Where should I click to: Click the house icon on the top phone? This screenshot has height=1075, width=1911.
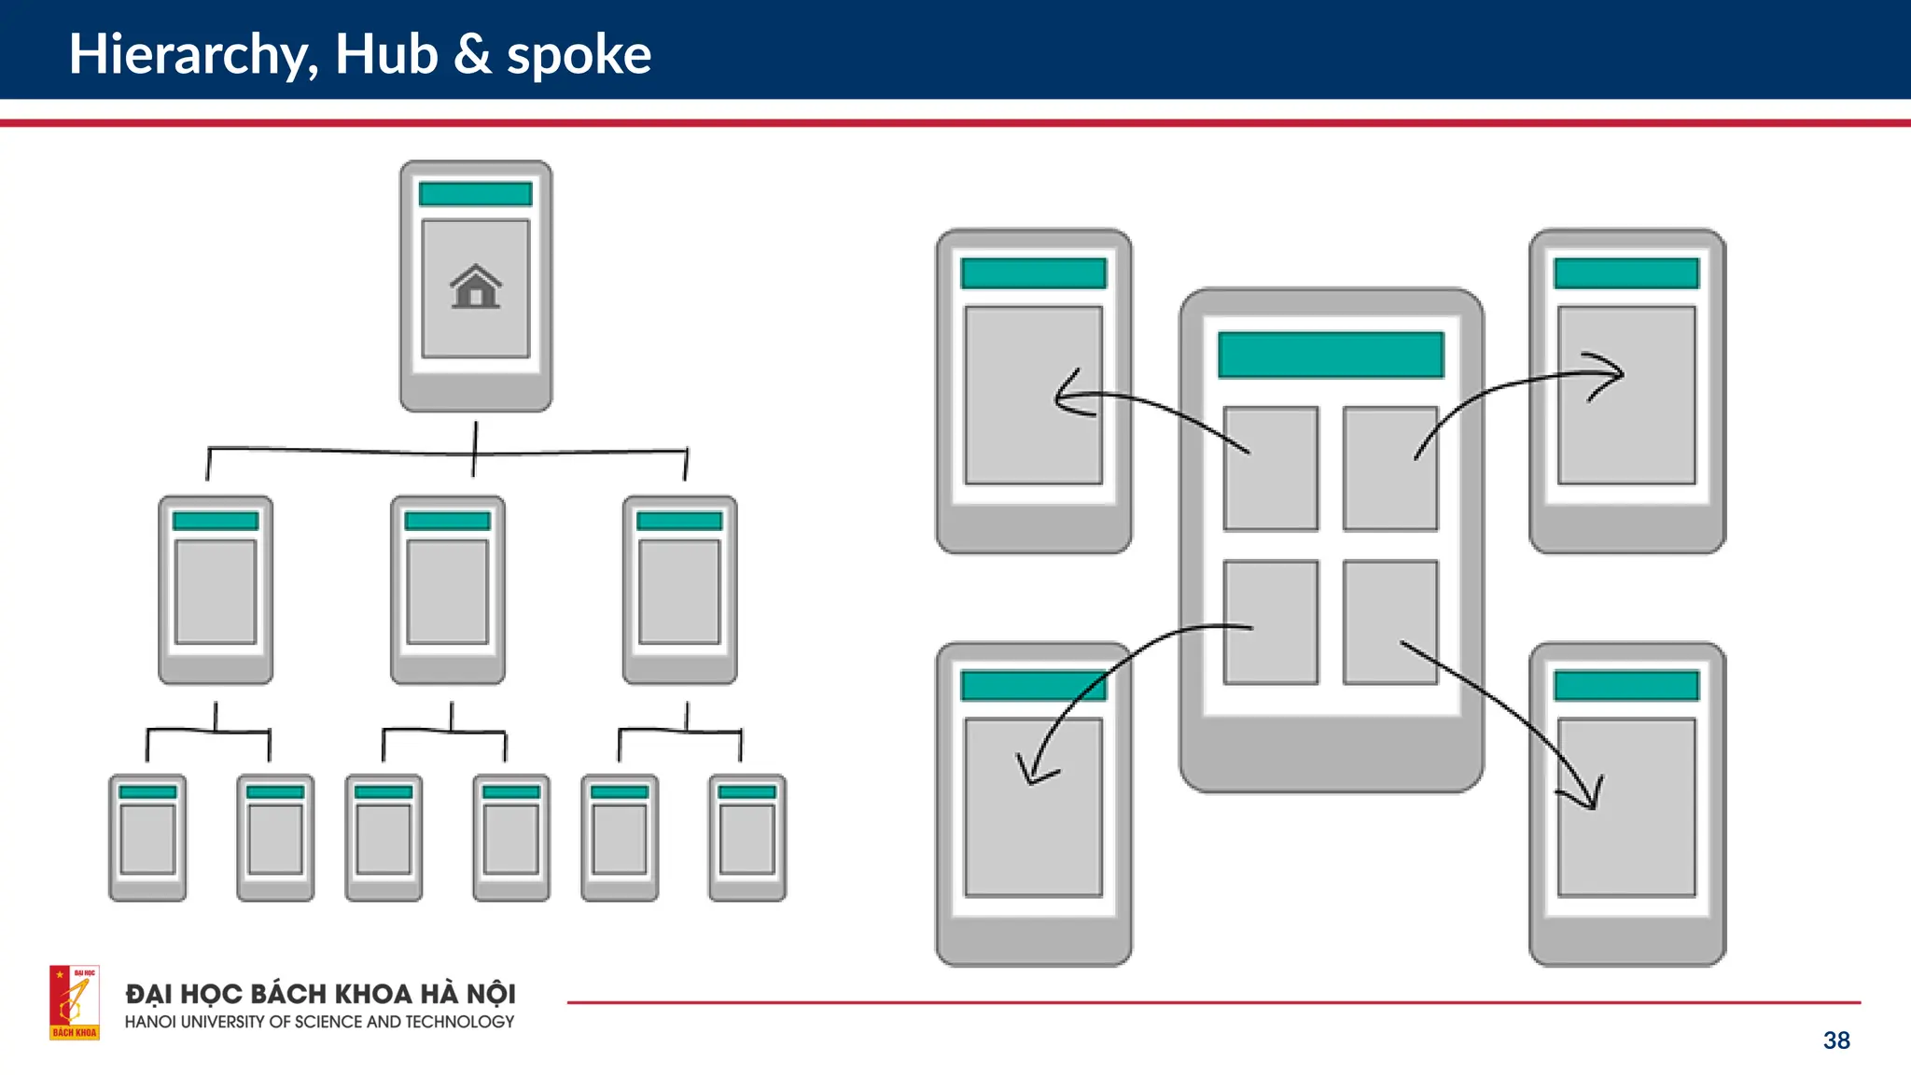coord(476,286)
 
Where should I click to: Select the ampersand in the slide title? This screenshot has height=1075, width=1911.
coord(473,54)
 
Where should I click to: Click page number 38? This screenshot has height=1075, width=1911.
coord(1836,1040)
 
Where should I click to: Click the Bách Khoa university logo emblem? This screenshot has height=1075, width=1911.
coord(75,1002)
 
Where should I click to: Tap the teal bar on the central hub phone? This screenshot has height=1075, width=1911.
coord(1331,355)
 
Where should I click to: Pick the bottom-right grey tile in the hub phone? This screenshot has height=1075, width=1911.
coord(1390,622)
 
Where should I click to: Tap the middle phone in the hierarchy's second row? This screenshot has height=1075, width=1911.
coord(448,590)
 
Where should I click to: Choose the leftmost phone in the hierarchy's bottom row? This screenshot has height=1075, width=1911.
coord(147,837)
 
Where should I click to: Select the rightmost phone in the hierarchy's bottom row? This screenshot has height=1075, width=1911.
coord(746,837)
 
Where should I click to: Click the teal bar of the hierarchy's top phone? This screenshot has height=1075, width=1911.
coord(475,194)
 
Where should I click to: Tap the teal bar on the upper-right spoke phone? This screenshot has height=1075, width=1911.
coord(1626,273)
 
